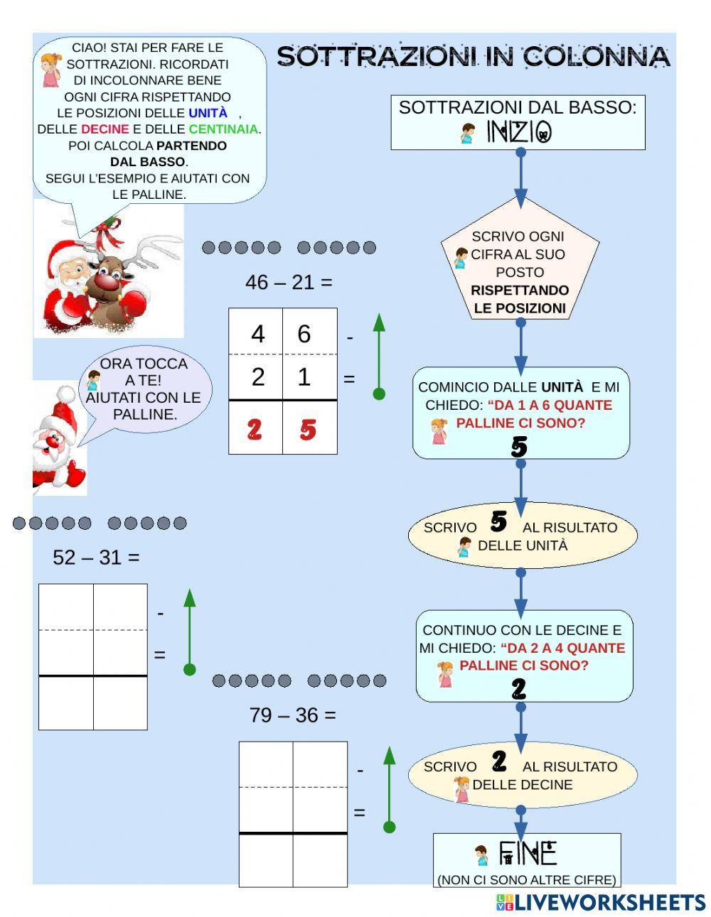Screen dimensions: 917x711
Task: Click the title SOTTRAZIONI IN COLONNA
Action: tap(473, 57)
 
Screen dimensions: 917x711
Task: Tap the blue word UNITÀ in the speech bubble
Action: tap(208, 113)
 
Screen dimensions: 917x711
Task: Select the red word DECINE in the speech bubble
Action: tap(105, 129)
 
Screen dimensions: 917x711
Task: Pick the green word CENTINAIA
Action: tap(223, 129)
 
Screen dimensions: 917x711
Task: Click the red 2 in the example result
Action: tap(255, 429)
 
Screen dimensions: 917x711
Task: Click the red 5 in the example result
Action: tap(308, 429)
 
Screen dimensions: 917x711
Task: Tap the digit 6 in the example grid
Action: tap(304, 334)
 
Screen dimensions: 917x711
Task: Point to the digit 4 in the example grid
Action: tap(257, 334)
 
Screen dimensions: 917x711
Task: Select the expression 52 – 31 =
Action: tap(96, 558)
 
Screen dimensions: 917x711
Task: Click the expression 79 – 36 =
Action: tap(292, 715)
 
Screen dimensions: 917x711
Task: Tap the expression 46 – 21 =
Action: tap(289, 283)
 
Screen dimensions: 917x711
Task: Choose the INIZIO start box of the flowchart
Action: tap(518, 122)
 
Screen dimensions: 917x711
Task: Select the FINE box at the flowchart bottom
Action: tap(527, 859)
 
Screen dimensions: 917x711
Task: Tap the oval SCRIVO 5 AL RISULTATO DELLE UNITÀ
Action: tap(522, 536)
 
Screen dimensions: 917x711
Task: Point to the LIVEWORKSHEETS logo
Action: tap(600, 902)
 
